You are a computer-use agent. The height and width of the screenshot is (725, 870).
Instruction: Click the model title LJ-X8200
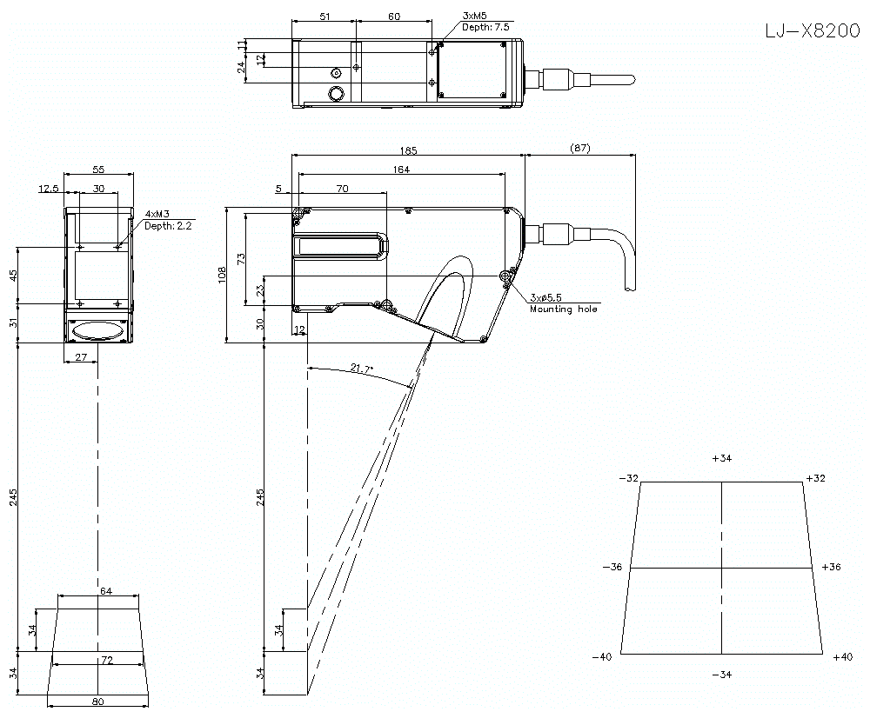(813, 31)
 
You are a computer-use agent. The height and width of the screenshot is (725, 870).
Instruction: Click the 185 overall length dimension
(409, 150)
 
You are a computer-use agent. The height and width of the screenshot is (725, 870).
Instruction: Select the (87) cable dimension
(579, 149)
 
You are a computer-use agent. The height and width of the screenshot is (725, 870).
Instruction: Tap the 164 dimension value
(401, 170)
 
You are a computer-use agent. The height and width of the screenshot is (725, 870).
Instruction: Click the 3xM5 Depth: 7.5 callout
(485, 22)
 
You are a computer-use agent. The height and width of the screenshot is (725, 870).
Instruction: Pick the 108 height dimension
(222, 275)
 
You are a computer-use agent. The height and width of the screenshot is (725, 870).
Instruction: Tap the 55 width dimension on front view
(98, 170)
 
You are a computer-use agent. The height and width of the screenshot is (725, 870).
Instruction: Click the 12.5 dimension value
(49, 188)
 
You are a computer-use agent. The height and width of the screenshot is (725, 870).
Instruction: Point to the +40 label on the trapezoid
(842, 657)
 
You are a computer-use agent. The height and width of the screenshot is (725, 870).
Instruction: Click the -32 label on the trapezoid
(627, 478)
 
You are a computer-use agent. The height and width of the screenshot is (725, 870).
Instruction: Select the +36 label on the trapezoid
(831, 567)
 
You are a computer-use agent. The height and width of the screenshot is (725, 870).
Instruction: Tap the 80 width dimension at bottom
(98, 702)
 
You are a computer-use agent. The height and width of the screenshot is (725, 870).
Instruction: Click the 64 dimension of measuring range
(106, 591)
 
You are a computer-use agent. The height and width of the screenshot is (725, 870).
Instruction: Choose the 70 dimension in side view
(342, 188)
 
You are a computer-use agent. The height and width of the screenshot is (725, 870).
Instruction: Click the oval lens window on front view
(98, 331)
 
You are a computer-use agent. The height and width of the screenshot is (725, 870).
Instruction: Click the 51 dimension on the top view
(325, 17)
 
